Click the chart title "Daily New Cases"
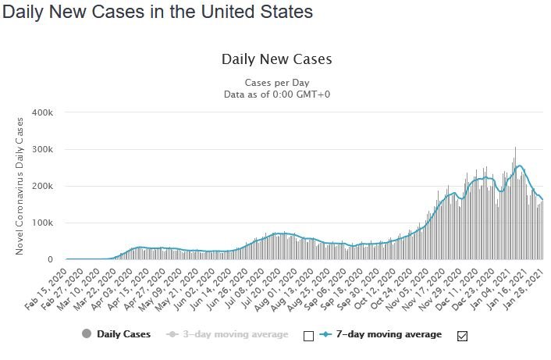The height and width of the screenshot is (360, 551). pos(276,59)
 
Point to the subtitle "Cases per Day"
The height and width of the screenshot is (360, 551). pos(276,83)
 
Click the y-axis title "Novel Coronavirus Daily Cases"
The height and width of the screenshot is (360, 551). pos(20,185)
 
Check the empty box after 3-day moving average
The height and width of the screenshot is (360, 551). pos(307,335)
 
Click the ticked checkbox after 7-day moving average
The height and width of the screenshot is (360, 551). pos(461,335)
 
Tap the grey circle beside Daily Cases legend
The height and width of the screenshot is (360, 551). pos(86,334)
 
